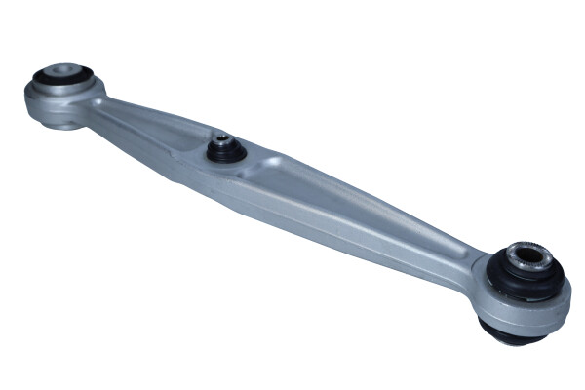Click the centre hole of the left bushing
(x=62, y=73)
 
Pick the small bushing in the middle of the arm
(x=222, y=149)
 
